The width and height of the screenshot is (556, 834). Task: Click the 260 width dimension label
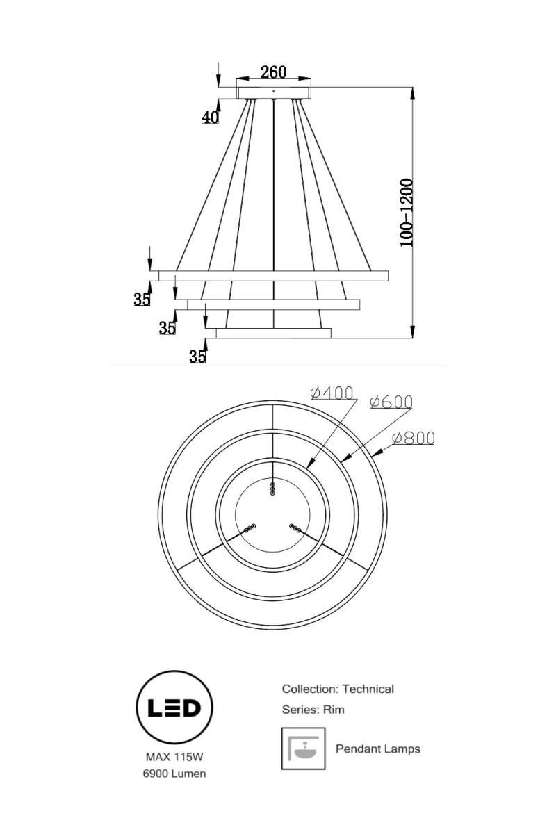[x=273, y=72]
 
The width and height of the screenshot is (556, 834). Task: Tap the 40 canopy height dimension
[x=210, y=117]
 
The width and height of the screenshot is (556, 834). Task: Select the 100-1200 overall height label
[x=407, y=212]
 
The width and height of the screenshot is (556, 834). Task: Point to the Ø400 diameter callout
[x=332, y=393]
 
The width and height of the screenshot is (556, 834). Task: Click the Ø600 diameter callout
[x=391, y=402]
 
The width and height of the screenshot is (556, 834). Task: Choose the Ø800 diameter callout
[x=414, y=439]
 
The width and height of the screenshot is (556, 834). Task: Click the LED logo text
[x=174, y=708]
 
